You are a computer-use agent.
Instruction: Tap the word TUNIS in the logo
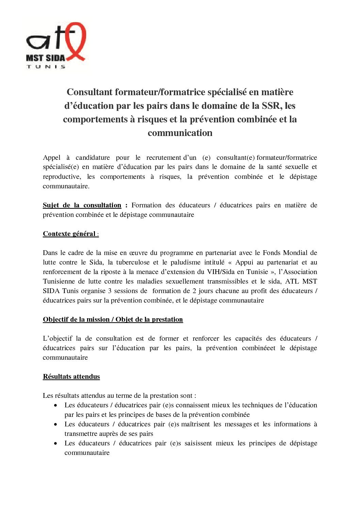pos(46,67)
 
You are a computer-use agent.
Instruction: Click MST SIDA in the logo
pos(45,58)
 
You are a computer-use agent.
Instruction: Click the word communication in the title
pos(180,133)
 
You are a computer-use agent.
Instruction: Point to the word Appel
pos(52,157)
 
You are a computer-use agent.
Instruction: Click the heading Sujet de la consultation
pos(82,205)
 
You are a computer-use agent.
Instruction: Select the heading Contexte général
pos(69,234)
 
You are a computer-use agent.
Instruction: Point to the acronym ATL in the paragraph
pos(292,281)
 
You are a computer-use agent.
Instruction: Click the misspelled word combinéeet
pos(259,348)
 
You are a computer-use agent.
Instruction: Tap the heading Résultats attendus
pos(71,376)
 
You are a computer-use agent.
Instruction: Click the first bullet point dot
pos(55,405)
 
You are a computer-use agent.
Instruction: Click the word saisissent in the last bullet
pos(198,443)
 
